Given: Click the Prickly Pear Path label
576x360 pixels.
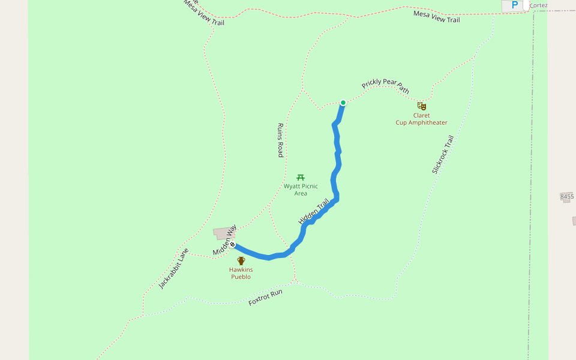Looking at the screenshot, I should tap(385, 86).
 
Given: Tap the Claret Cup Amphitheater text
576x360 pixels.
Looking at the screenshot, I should tap(421, 119).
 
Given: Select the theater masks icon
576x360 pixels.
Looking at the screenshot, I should tap(422, 106).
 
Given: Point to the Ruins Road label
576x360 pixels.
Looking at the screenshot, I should tap(280, 140).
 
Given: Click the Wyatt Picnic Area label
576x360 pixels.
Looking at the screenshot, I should tap(301, 190).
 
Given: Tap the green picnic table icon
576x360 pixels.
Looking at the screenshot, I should tap(301, 177).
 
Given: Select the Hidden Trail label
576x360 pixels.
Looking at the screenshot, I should tap(314, 212).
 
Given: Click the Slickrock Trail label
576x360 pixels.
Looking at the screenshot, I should tap(443, 154).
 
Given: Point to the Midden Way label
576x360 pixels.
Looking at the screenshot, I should tap(224, 239).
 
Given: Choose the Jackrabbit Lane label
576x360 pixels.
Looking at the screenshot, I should tap(174, 268).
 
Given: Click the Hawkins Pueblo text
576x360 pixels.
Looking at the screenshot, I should tap(241, 273).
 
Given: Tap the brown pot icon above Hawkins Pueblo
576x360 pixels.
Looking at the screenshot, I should tap(241, 260).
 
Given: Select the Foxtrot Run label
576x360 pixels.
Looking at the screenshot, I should tap(265, 298).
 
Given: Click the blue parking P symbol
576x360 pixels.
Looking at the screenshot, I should tap(514, 5).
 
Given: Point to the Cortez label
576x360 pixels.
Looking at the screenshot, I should tap(538, 5).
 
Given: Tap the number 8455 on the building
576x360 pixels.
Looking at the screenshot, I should tap(567, 196).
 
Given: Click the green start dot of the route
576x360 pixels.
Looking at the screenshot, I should tap(343, 103).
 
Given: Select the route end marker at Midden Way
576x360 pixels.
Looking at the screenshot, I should tap(232, 245).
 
